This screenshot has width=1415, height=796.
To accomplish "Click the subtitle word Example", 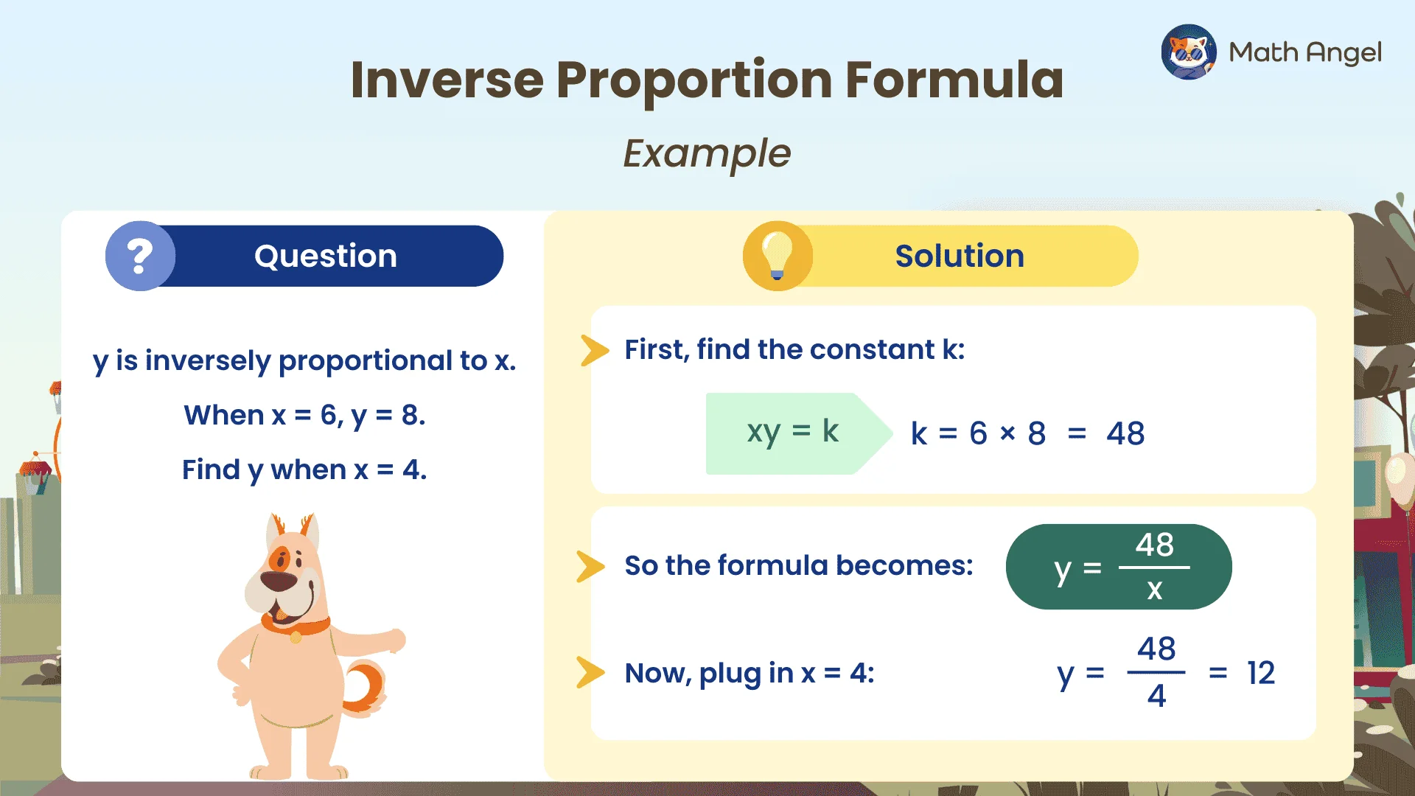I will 706,153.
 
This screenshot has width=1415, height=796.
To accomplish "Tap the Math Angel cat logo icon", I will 1188,52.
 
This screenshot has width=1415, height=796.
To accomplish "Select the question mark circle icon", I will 140,256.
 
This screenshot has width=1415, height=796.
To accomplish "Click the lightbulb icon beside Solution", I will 777,255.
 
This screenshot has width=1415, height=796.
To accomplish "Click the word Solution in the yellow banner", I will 959,256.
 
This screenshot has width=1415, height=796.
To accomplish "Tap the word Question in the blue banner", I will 325,256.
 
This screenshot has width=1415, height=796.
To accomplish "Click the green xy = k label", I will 792,432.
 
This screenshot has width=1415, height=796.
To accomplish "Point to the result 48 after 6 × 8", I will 1125,433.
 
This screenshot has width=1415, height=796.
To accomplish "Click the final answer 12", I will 1260,673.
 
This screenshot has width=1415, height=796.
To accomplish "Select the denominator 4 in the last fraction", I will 1156,696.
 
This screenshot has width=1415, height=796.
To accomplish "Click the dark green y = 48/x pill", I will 1117,567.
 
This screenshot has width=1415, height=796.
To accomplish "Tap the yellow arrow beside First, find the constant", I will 594,350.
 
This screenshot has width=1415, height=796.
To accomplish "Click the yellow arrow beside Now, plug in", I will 590,672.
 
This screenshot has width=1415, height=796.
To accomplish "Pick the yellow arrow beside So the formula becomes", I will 590,566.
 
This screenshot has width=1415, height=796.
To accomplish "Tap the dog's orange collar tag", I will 296,637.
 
